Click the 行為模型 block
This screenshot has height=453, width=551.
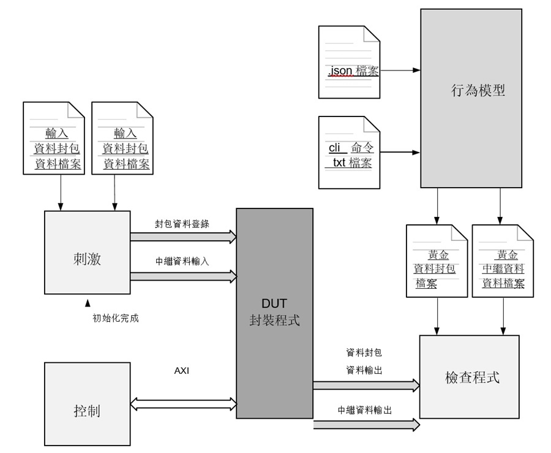click(x=471, y=98)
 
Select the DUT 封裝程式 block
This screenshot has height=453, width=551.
click(x=274, y=313)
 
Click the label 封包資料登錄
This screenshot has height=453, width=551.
click(x=182, y=224)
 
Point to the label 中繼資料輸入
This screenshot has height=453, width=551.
click(x=182, y=261)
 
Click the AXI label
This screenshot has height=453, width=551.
click(x=182, y=371)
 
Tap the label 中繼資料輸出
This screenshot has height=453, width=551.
click(x=364, y=410)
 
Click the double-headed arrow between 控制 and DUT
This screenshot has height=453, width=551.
click(x=183, y=403)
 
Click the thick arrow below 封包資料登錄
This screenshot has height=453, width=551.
click(x=183, y=236)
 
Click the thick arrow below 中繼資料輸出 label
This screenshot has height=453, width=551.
click(x=366, y=424)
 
